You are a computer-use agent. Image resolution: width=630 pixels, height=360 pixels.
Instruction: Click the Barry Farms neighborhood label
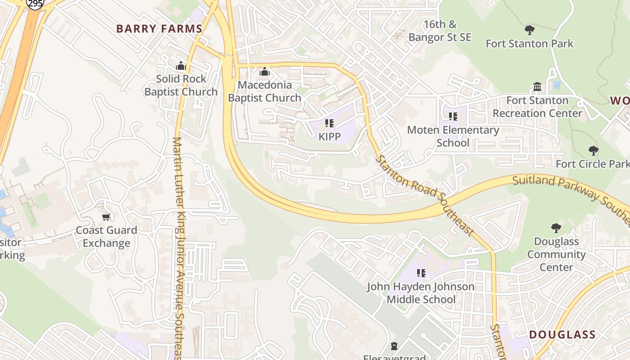159,29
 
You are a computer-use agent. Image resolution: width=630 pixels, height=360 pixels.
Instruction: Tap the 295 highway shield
35,4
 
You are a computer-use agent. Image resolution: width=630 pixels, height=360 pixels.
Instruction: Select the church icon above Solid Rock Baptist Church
181,66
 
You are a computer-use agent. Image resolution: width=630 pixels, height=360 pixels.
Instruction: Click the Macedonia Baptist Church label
265,91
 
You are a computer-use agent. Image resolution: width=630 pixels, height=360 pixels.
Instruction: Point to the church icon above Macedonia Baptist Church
265,72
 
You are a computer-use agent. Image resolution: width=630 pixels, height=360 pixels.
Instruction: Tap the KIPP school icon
329,123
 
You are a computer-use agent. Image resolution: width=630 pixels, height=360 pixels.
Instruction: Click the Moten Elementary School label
453,136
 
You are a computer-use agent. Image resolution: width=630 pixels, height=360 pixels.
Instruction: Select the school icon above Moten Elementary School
453,117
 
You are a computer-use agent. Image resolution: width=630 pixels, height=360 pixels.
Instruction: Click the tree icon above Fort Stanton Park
530,31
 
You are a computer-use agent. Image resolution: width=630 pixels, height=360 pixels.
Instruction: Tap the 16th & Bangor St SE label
440,31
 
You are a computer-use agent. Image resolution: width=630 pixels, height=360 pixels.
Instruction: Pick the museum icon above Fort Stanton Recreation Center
537,86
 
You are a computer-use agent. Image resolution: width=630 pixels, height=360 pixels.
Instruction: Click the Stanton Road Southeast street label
425,194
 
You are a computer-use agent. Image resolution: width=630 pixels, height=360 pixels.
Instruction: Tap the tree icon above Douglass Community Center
556,228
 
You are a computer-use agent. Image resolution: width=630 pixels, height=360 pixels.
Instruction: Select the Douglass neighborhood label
562,335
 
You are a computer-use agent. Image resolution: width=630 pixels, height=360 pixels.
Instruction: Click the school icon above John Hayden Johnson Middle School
421,273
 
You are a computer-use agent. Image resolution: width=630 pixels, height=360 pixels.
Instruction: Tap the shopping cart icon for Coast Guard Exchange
106,217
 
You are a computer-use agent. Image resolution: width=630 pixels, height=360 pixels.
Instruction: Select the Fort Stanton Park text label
530,44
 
